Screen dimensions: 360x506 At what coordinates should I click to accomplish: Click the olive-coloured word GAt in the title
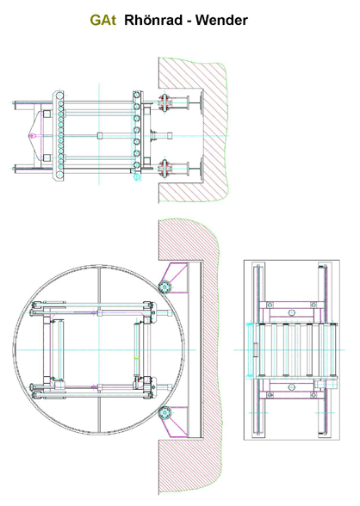coord(103,20)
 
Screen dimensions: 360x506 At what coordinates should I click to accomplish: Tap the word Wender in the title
coord(221,20)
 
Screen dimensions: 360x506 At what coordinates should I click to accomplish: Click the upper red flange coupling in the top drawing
coord(164,102)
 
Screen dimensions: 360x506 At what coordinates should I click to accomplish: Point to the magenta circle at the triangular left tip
coord(32,136)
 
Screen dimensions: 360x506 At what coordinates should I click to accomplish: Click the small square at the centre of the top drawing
coord(100,135)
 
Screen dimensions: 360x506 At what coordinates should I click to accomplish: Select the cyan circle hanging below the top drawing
coord(137,177)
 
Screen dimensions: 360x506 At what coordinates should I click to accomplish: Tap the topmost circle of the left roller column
coord(60,95)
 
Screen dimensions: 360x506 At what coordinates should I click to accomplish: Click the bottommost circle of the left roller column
coord(60,175)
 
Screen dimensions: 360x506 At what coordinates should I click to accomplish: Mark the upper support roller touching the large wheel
coord(164,287)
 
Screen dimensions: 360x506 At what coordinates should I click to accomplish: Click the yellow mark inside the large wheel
coord(137,358)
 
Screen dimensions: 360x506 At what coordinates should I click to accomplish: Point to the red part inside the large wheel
coord(137,380)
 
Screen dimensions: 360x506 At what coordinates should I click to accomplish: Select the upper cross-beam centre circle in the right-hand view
coord(292,312)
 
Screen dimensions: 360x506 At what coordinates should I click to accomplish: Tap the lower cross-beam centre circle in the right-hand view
coord(292,387)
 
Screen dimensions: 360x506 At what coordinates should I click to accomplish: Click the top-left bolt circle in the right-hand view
coord(270,305)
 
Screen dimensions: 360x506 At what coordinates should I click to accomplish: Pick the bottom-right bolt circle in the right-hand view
coord(313,395)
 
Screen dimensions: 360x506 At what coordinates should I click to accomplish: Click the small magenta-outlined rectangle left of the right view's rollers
coord(256,349)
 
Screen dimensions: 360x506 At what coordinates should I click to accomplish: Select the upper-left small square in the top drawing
coord(47,114)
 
